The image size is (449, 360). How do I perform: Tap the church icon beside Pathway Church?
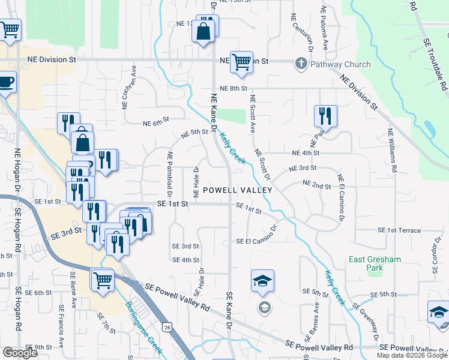point(301,64)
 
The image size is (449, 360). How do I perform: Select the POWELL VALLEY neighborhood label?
point(238,190)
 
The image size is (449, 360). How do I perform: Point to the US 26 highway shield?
point(167,326)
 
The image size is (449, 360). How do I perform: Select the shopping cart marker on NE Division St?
point(241,62)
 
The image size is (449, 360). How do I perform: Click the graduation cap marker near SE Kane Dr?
point(262,281)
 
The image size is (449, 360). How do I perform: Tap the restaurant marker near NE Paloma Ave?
point(325,115)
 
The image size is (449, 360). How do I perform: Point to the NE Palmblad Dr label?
point(170,174)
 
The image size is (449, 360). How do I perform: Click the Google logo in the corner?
point(20,353)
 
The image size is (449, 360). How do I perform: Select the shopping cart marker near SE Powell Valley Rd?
point(103,279)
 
